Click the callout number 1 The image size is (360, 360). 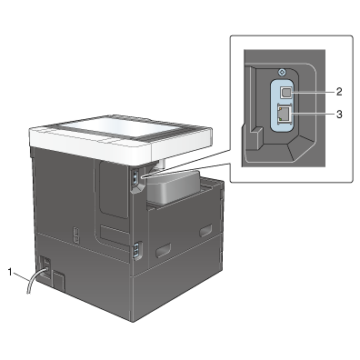[x=10, y=272]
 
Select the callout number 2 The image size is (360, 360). [x=339, y=92]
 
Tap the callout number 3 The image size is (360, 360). [x=339, y=115]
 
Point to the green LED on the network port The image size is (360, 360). [x=281, y=119]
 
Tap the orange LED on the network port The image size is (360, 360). [x=281, y=108]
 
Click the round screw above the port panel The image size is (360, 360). [x=282, y=72]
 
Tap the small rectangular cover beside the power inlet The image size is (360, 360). [x=58, y=280]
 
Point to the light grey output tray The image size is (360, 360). [x=173, y=187]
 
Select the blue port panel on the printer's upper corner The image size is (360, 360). [x=135, y=178]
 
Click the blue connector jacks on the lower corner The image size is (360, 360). [x=136, y=250]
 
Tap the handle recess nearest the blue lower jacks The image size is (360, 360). [x=163, y=250]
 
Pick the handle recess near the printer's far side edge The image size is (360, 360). [x=205, y=230]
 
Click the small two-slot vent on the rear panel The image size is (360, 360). [x=76, y=235]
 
